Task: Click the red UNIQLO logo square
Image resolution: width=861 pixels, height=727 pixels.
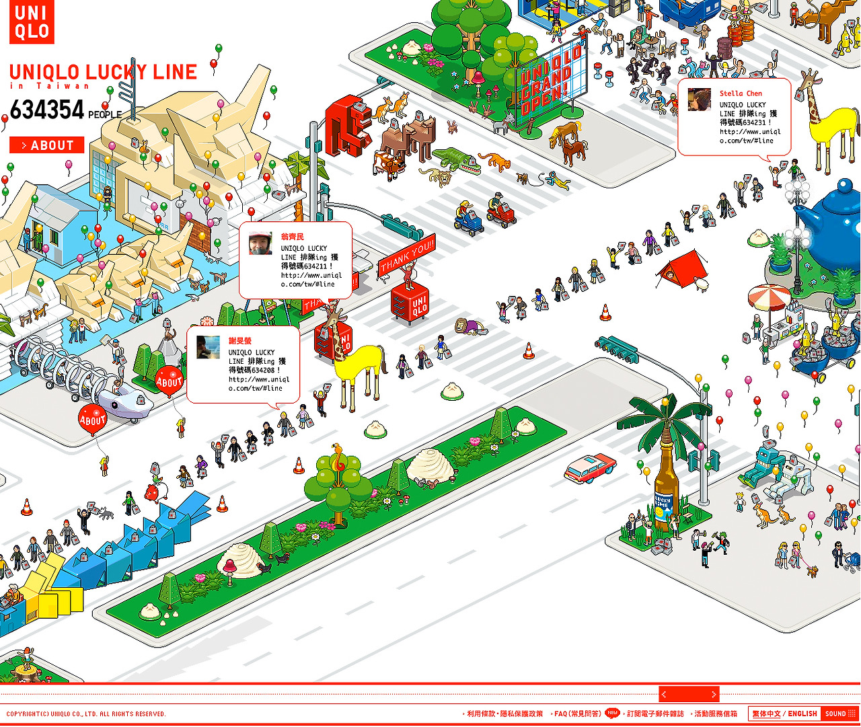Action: [x=32, y=22]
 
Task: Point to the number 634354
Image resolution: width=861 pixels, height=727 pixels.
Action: [x=47, y=110]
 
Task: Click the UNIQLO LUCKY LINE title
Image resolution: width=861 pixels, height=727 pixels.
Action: [x=103, y=73]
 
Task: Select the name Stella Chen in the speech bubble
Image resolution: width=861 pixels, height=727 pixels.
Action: [x=741, y=93]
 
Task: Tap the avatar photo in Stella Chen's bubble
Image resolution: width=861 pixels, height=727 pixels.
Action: [x=700, y=100]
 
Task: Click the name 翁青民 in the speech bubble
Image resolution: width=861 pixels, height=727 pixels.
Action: [x=293, y=237]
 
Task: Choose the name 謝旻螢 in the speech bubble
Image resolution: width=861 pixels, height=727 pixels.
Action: [x=240, y=341]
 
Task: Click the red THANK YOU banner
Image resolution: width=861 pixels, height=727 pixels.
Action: [x=407, y=256]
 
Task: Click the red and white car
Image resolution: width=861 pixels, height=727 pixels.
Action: [x=590, y=467]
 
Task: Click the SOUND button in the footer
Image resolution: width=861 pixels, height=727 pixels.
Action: [x=839, y=714]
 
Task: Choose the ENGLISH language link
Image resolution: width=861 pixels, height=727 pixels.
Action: [x=802, y=714]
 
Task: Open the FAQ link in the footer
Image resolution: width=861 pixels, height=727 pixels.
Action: [x=577, y=714]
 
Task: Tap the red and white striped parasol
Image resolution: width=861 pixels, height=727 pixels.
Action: [x=769, y=297]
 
